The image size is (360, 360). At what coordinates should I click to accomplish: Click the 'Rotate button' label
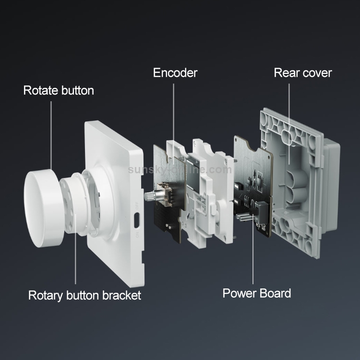59,90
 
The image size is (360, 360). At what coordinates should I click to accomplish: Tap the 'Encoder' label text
175,73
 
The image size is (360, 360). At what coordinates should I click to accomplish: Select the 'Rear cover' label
303,73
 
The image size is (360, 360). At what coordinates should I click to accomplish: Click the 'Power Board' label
257,293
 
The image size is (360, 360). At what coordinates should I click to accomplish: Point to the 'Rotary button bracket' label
84,295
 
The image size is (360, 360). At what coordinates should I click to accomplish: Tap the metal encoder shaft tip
147,196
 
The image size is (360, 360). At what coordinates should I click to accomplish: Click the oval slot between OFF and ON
137,220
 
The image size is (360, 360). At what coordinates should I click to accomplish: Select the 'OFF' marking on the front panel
137,205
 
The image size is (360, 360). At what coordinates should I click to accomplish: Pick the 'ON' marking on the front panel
137,235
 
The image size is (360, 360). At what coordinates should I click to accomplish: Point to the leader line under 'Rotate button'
51,136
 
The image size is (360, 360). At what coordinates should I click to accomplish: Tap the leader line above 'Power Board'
253,249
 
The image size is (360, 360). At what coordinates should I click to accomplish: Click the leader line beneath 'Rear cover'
289,124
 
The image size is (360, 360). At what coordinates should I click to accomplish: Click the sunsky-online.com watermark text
180,169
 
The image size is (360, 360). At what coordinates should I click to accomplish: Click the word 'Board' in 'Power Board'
274,293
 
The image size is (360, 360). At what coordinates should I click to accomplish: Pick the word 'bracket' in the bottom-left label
121,295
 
